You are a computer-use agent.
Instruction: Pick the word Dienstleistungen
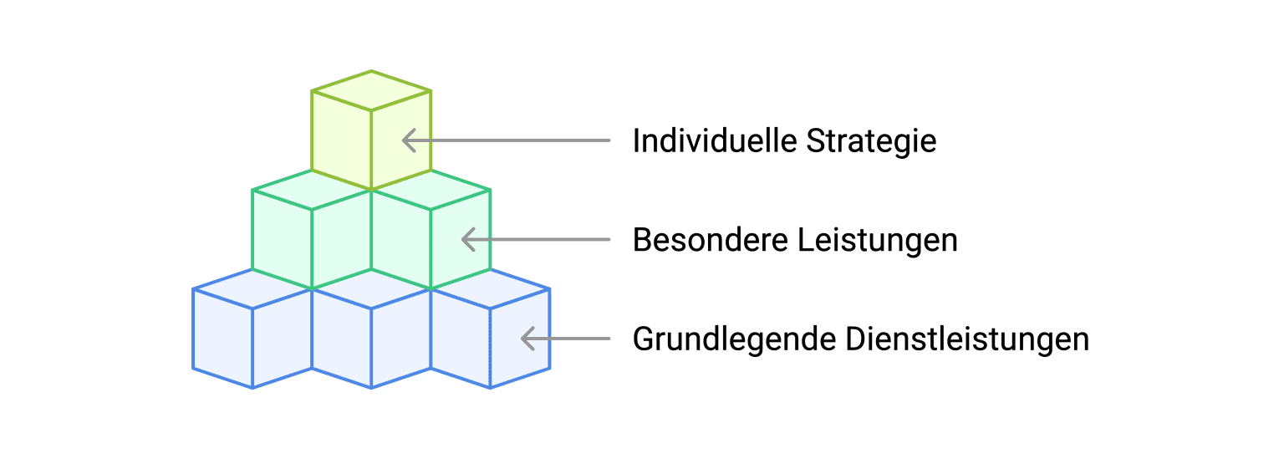tap(967, 339)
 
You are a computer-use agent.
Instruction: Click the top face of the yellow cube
tap(372, 90)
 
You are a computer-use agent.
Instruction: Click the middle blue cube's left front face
tap(342, 339)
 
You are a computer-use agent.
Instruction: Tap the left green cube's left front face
tap(282, 239)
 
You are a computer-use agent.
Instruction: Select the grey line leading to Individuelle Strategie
tap(518, 140)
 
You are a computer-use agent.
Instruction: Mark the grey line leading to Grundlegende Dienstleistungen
tap(577, 339)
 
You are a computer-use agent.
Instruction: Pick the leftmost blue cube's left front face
tap(222, 339)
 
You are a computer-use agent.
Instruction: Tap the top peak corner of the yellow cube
tap(372, 72)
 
